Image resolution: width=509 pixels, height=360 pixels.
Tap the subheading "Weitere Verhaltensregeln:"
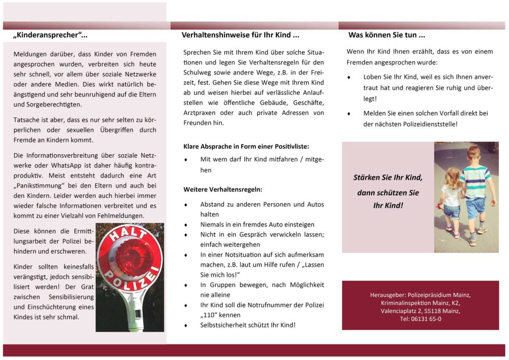[x=223, y=189]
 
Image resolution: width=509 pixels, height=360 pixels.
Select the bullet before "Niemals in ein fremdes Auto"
[x=186, y=225]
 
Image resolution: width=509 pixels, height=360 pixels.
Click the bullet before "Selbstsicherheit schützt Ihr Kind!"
[x=186, y=326]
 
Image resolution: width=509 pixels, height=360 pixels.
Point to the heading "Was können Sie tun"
[x=386, y=35]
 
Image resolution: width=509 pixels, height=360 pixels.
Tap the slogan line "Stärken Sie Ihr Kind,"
[x=388, y=177]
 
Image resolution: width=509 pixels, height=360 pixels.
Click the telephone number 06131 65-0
[x=420, y=319]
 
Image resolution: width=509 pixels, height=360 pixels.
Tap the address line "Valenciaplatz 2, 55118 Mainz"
[x=420, y=311]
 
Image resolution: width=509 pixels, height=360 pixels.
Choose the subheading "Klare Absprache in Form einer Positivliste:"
[x=246, y=146]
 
